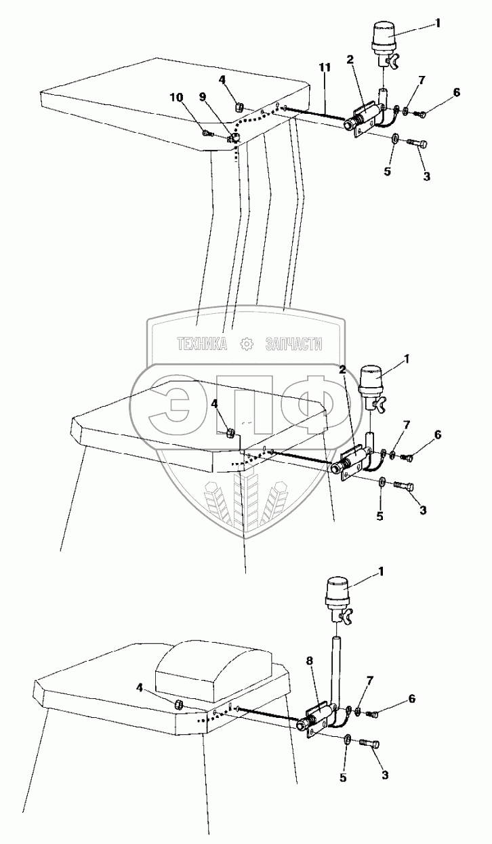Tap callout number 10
click(178, 98)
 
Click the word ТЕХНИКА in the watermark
click(201, 344)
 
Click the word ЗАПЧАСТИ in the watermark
click(291, 344)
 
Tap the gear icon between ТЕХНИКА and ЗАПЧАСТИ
click(246, 344)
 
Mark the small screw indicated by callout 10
click(207, 134)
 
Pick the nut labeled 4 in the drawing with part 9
click(238, 106)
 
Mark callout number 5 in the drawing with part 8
click(344, 778)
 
